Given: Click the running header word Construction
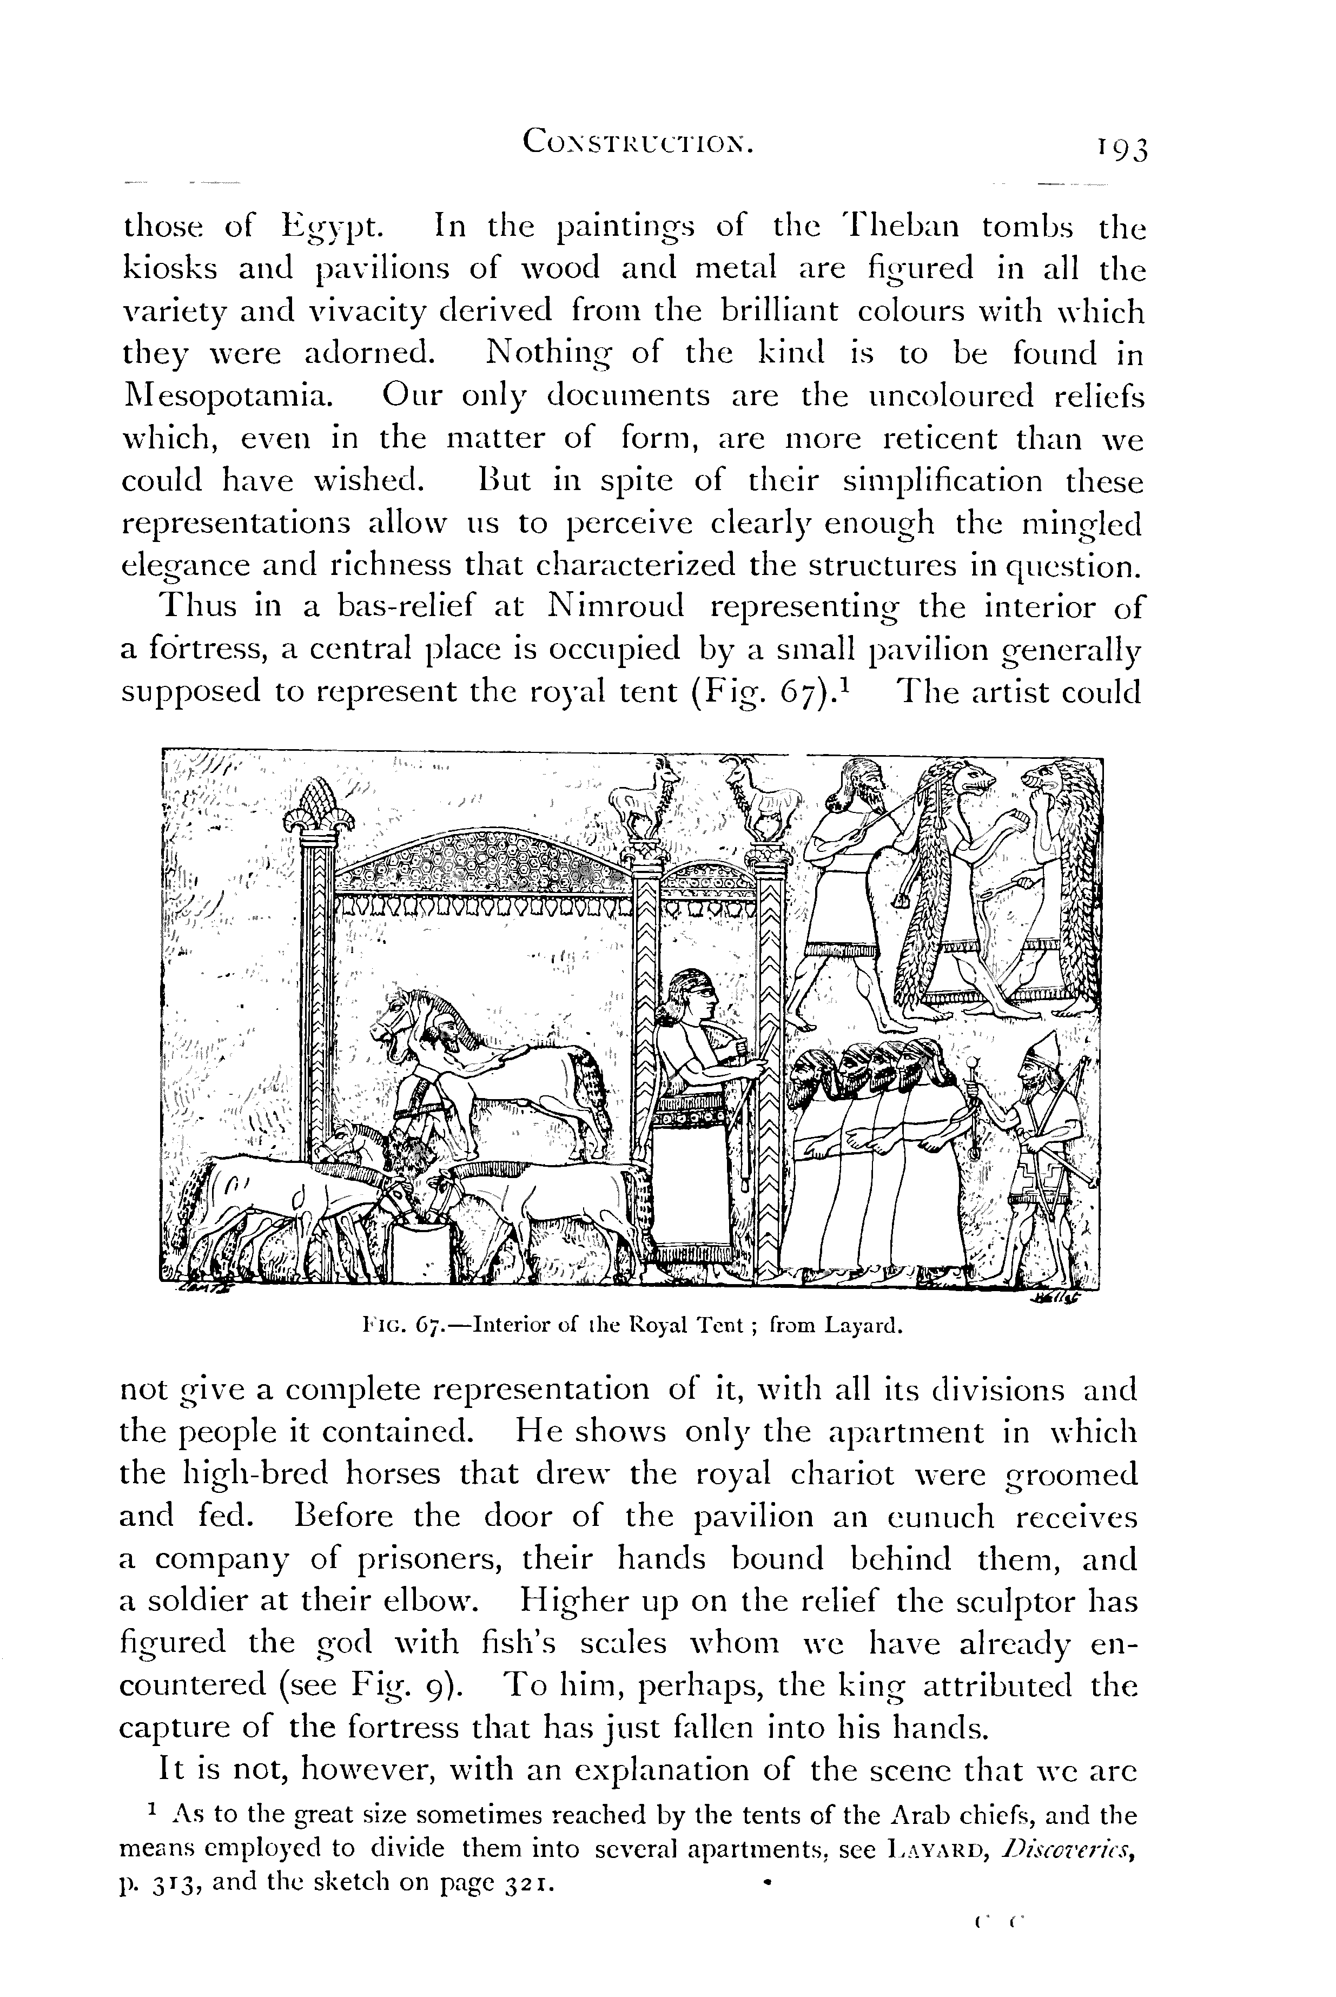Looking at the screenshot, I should tap(638, 141).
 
